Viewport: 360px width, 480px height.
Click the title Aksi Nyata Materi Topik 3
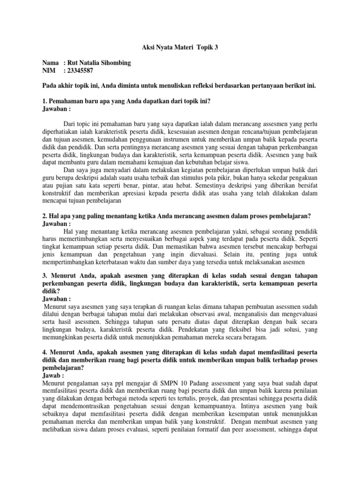pos(180,47)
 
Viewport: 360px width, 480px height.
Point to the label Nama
pos(51,63)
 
